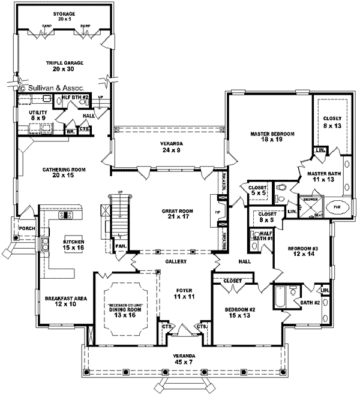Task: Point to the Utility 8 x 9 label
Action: tap(39, 114)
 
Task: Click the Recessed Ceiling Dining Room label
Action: tap(125, 309)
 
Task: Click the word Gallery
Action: tap(176, 262)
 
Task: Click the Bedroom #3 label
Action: tap(303, 252)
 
